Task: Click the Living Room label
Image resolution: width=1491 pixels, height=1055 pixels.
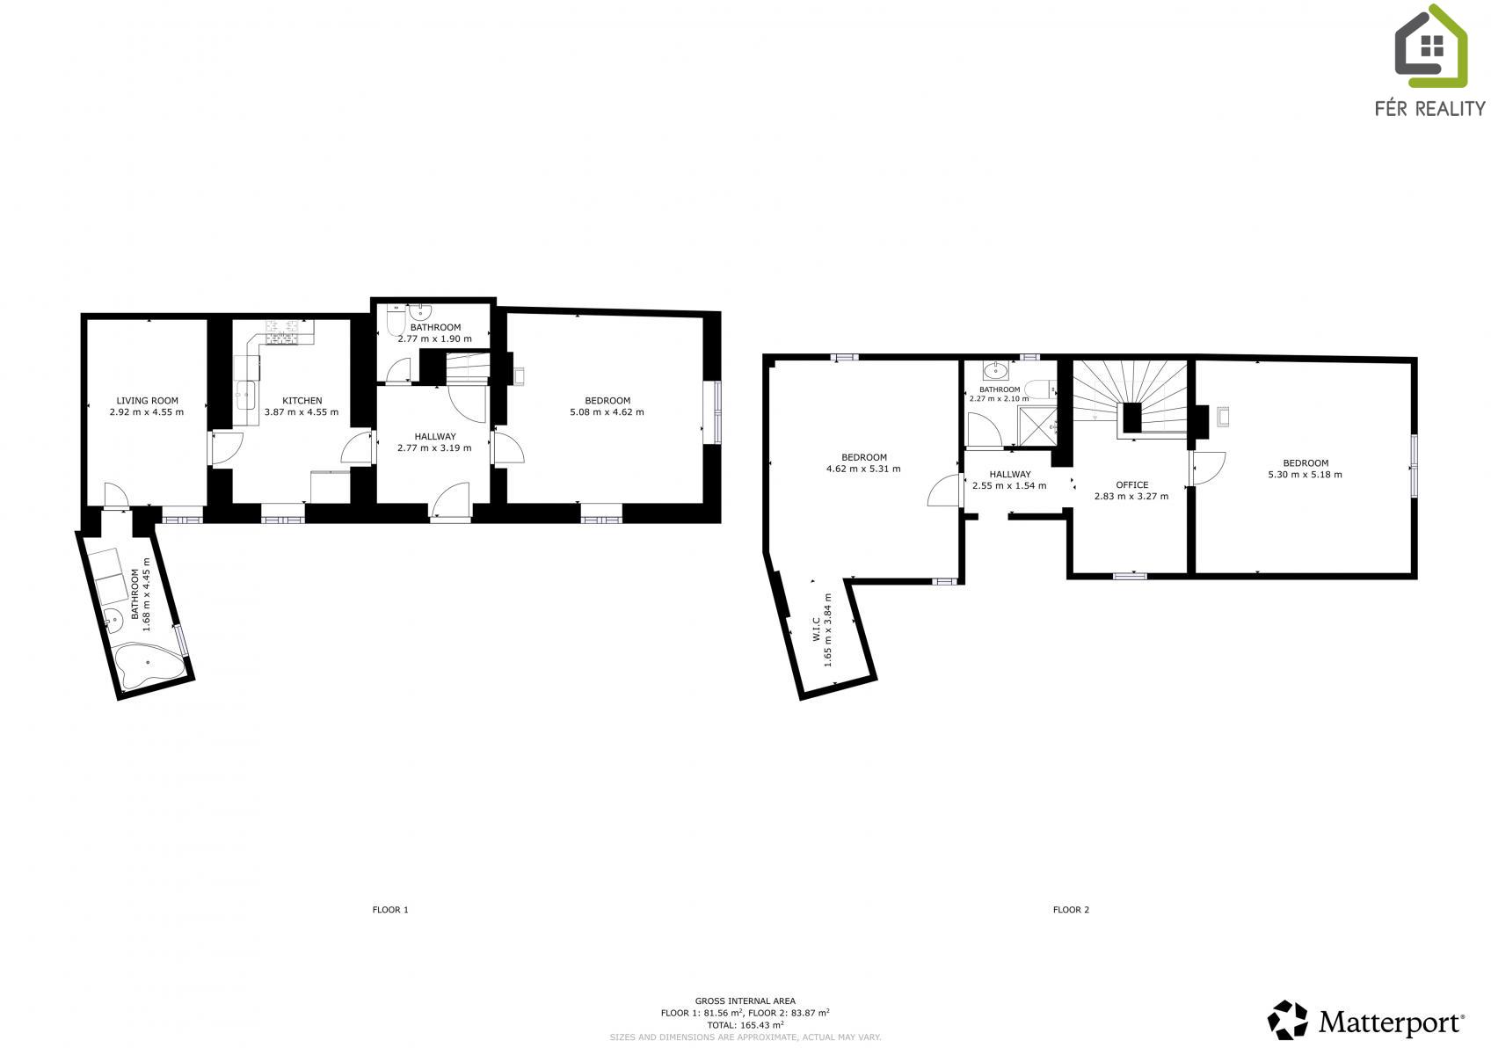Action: click(147, 401)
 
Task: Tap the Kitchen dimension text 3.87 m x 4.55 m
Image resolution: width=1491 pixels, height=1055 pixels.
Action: click(302, 412)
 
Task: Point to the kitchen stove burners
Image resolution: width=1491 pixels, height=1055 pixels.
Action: click(289, 332)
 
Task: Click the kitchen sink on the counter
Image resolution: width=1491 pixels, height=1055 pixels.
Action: click(245, 396)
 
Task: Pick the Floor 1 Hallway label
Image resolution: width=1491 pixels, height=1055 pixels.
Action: click(435, 437)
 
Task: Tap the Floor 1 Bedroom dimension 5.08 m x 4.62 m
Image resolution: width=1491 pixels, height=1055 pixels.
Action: click(607, 412)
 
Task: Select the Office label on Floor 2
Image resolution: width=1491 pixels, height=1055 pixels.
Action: click(1131, 484)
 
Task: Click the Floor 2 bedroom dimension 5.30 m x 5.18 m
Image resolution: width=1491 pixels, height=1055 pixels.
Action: click(1306, 475)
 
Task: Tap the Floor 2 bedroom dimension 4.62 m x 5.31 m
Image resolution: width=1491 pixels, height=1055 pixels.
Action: click(863, 469)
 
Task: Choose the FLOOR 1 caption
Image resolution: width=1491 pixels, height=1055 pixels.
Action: click(390, 909)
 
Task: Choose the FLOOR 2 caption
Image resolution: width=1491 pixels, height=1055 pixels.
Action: click(1071, 909)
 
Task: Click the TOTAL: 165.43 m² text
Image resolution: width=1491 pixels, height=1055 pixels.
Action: click(745, 1025)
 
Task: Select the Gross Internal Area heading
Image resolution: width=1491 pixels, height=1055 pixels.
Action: click(745, 1000)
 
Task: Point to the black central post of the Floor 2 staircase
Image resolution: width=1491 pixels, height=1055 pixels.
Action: click(1132, 418)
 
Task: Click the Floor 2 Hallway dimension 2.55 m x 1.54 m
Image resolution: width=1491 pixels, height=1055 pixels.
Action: click(1009, 486)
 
